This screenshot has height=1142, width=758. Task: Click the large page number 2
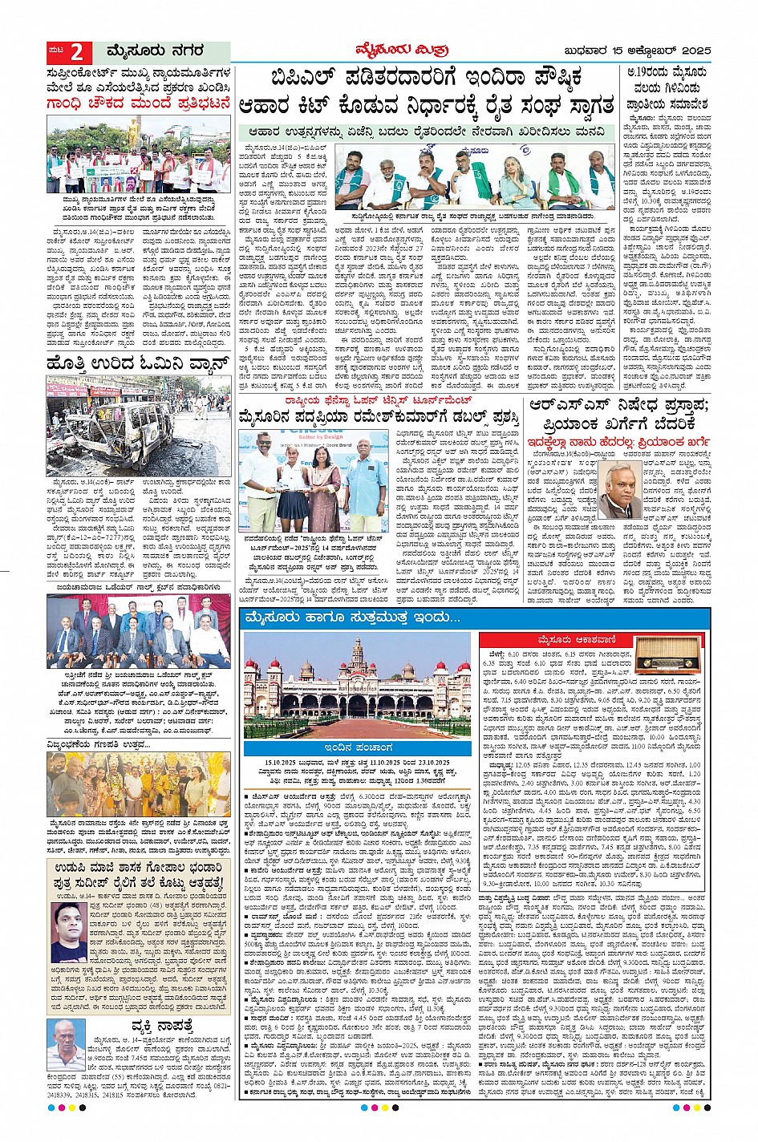[76, 53]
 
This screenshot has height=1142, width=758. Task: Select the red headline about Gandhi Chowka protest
[138, 103]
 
